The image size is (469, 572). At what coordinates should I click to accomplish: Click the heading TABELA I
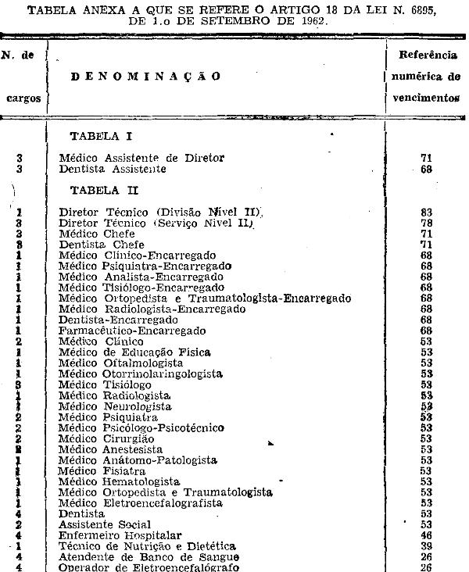pos(101,136)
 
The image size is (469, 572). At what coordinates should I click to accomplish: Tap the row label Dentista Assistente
pos(113,169)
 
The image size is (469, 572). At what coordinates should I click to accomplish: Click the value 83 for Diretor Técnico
pos(426,212)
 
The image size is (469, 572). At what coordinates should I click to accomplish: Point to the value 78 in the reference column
pos(426,223)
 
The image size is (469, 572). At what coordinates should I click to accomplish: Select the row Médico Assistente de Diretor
pos(141,158)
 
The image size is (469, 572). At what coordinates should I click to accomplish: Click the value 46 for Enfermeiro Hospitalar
pos(426,535)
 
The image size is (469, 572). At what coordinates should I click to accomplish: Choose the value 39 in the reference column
pos(426,546)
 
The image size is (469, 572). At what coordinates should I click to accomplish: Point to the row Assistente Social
pos(106,525)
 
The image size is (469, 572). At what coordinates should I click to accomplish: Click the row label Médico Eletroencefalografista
pos(141,503)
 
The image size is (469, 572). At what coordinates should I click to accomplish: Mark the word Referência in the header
pos(428,55)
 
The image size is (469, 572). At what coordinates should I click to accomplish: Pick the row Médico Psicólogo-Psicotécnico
pos(141,427)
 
